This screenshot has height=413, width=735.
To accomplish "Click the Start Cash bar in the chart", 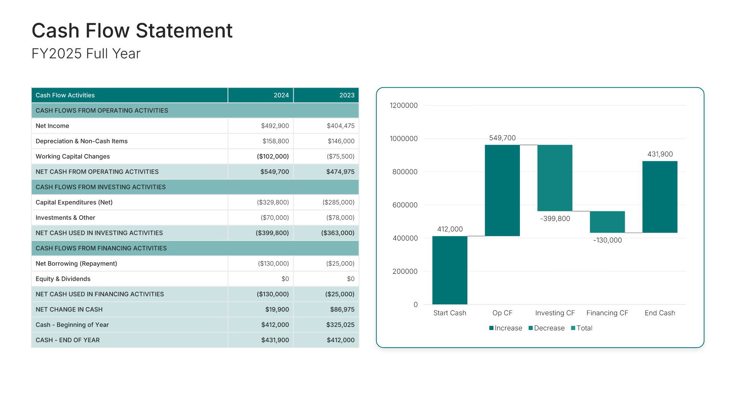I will pyautogui.click(x=450, y=270).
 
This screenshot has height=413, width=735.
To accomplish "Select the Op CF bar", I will pyautogui.click(x=502, y=190).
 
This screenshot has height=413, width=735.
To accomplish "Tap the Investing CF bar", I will pyautogui.click(x=555, y=178).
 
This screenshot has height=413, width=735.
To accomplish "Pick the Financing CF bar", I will pyautogui.click(x=607, y=222).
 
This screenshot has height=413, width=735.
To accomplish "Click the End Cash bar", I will pyautogui.click(x=660, y=197).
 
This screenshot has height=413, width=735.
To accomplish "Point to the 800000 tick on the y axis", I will pyautogui.click(x=405, y=172).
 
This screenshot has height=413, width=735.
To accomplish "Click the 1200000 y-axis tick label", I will pyautogui.click(x=403, y=106).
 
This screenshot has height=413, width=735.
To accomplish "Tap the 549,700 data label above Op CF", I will pyautogui.click(x=502, y=138).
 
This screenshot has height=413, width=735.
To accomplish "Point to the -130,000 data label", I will pyautogui.click(x=608, y=240).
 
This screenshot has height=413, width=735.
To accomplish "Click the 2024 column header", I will pyautogui.click(x=281, y=95).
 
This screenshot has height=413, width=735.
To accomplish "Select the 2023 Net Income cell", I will pyautogui.click(x=340, y=126).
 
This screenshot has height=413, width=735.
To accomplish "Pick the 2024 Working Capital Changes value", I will pyautogui.click(x=273, y=156).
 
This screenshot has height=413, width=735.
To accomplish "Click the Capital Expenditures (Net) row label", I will pyautogui.click(x=74, y=202).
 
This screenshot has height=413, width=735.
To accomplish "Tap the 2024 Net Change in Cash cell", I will pyautogui.click(x=277, y=309).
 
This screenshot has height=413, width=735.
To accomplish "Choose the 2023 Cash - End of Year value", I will pyautogui.click(x=340, y=340).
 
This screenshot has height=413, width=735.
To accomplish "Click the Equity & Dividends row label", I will pyautogui.click(x=63, y=279).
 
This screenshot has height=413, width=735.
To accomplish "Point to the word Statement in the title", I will pyautogui.click(x=184, y=31).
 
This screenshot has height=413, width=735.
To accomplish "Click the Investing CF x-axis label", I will pyautogui.click(x=555, y=313).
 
